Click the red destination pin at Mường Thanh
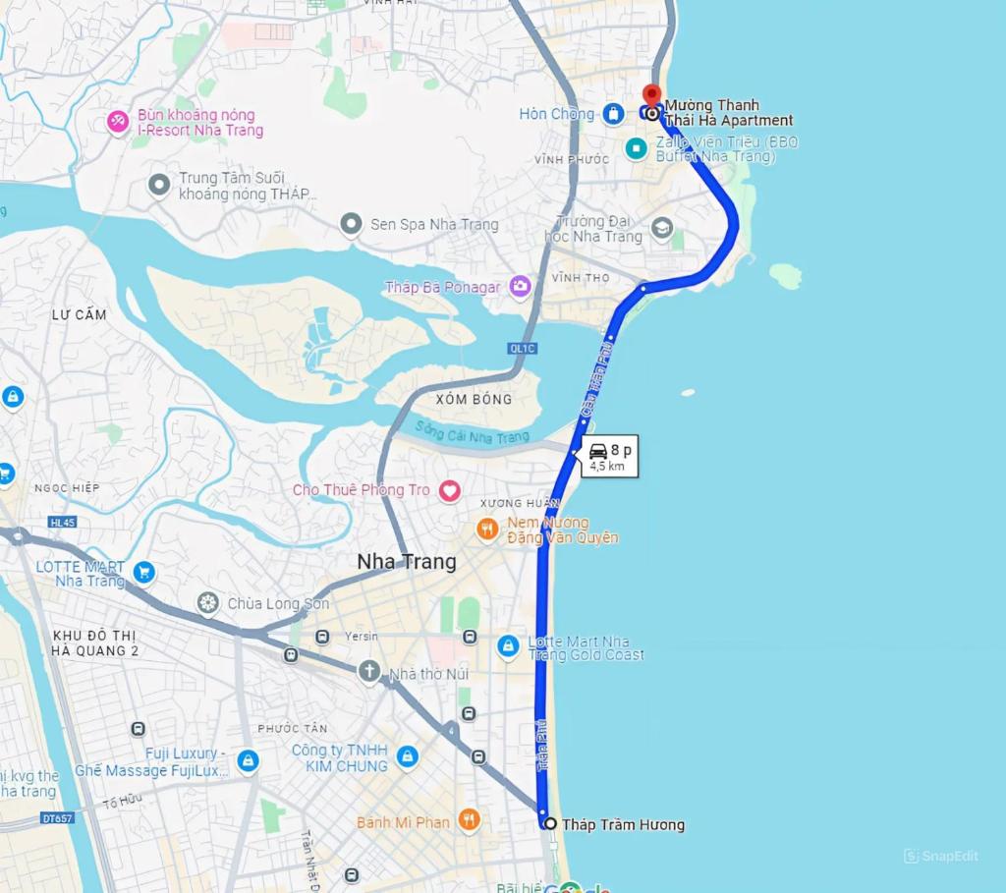[650, 96]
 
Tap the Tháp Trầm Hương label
[623, 824]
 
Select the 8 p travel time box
[610, 457]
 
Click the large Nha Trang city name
[406, 562]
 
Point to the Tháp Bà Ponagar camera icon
[521, 287]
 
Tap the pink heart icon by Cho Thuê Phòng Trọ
[449, 490]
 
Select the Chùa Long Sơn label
[278, 603]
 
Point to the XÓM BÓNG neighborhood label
[474, 399]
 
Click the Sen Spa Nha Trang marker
[351, 225]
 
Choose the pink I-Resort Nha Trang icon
[118, 122]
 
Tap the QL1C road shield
[522, 348]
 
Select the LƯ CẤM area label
[79, 314]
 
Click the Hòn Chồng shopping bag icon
[613, 114]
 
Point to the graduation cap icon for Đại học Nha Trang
[662, 228]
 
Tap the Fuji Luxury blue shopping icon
[249, 760]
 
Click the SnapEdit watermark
[941, 856]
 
